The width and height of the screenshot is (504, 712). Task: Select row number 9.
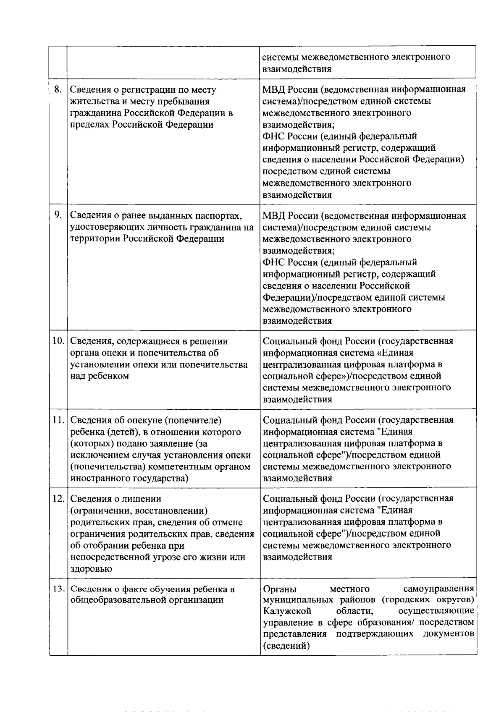(58, 215)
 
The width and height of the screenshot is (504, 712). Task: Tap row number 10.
(58, 341)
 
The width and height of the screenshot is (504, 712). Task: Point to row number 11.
(58, 420)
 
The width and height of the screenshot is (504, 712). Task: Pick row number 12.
(58, 499)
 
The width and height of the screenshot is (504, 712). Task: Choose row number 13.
(58, 589)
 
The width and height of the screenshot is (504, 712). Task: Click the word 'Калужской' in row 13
(287, 610)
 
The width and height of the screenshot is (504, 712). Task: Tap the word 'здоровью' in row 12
(91, 569)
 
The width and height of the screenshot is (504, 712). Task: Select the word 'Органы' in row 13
(278, 589)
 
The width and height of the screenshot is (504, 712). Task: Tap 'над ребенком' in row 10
(99, 376)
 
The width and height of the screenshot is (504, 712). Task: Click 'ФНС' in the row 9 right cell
(274, 263)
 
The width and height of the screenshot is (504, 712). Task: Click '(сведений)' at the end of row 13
(286, 646)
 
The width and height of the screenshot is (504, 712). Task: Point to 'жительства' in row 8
(92, 102)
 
